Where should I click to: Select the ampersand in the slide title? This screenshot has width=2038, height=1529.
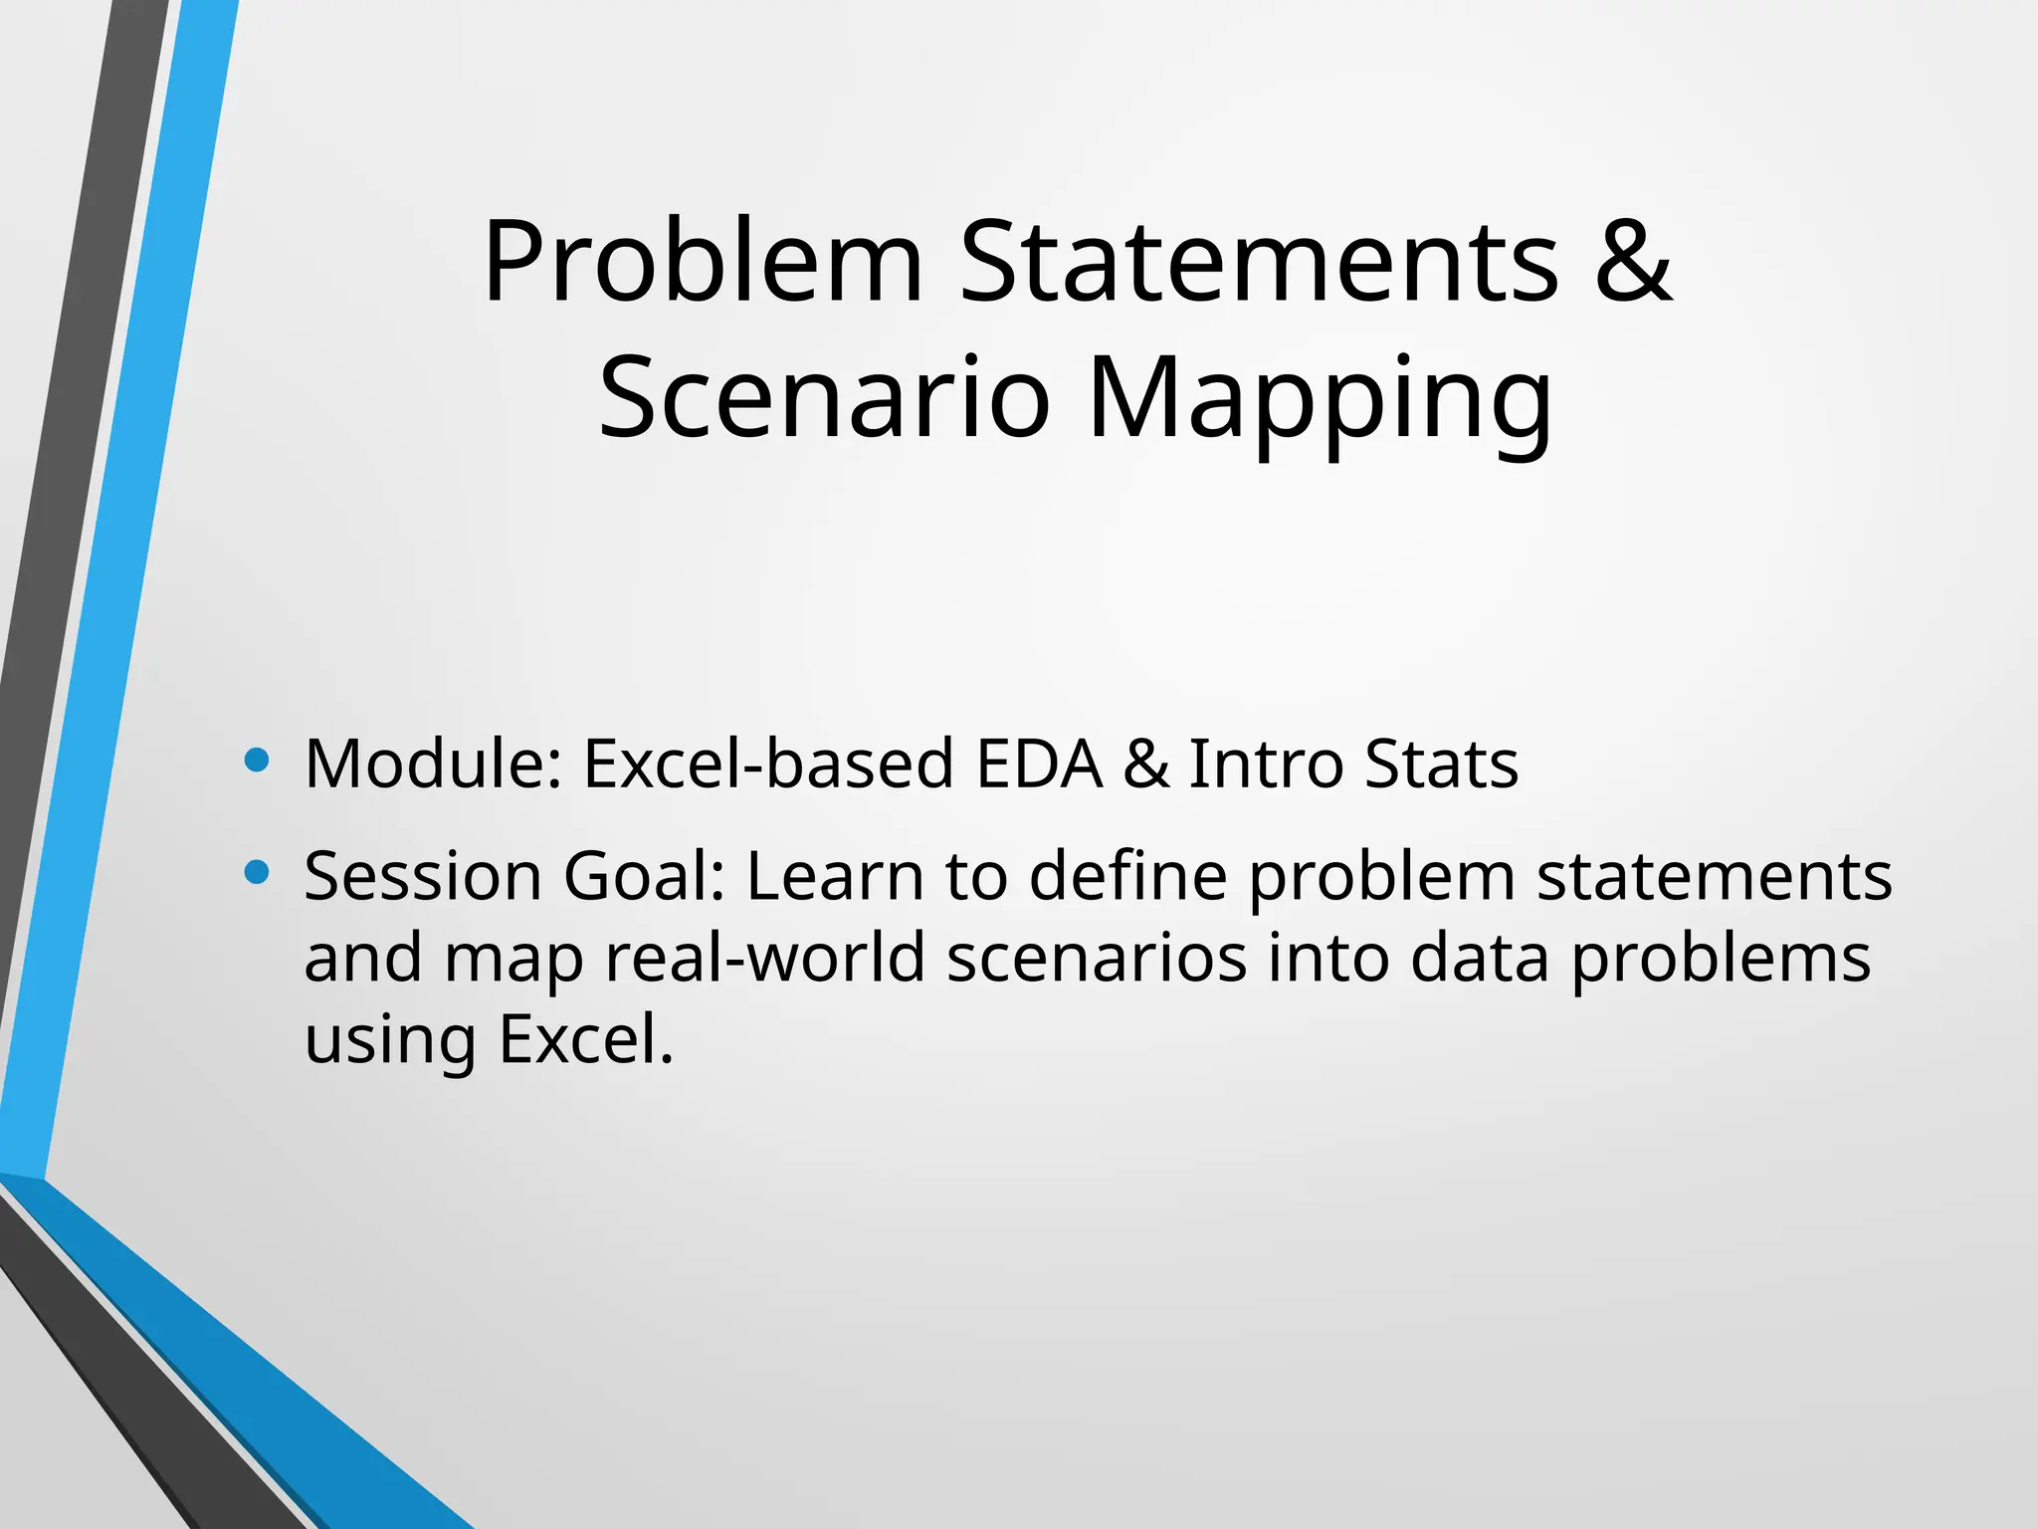click(1632, 261)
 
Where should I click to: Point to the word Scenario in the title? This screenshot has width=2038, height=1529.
click(824, 398)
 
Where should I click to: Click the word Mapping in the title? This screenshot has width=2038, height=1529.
click(1320, 400)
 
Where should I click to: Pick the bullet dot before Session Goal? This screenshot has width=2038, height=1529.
click(257, 873)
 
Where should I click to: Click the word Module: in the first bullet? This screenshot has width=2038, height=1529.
click(434, 764)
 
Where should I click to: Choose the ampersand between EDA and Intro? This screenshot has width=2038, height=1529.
click(1146, 764)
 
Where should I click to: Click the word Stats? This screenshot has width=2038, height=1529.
click(1441, 764)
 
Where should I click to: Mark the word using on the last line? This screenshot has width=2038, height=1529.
click(389, 1041)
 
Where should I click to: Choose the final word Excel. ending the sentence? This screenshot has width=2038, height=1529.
click(586, 1039)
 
